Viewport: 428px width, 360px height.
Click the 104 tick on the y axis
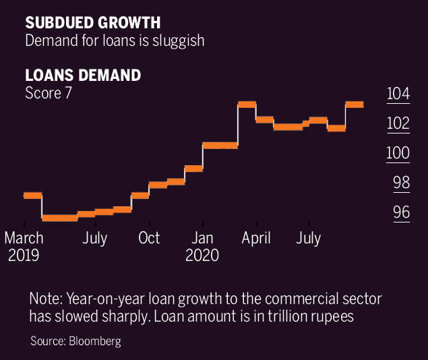[x=398, y=94]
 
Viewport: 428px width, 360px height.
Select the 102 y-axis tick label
[x=398, y=123]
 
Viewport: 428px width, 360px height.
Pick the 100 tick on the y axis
[x=398, y=153]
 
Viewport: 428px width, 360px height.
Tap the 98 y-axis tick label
[x=401, y=183]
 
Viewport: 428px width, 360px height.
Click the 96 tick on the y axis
[x=401, y=212]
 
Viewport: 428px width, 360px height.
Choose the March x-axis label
[x=24, y=238]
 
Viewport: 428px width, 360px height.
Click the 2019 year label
[x=24, y=256]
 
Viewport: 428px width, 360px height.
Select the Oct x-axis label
[x=149, y=238]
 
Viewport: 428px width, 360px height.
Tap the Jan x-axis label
[x=203, y=238]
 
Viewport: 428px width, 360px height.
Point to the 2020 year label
[x=203, y=256]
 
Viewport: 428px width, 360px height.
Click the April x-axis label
[x=256, y=238]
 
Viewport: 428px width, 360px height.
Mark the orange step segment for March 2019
[x=32, y=196]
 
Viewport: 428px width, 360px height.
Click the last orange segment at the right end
[x=355, y=104]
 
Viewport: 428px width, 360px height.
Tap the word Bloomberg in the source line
[x=95, y=341]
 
